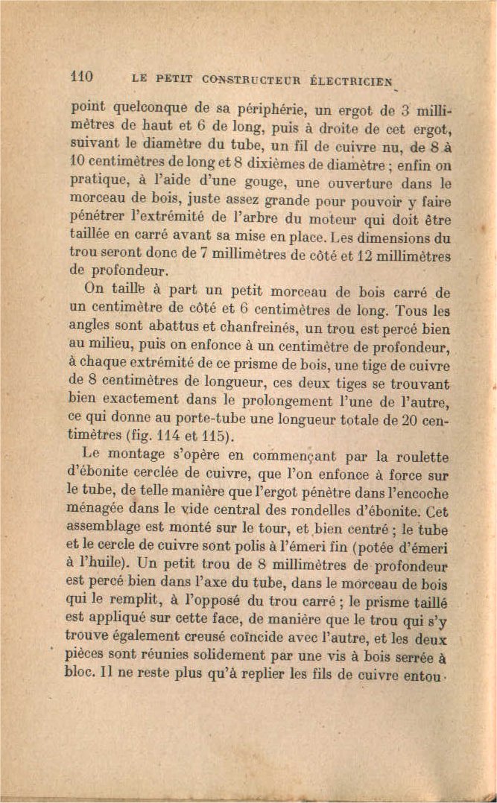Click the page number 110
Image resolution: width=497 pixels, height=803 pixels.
(x=80, y=76)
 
